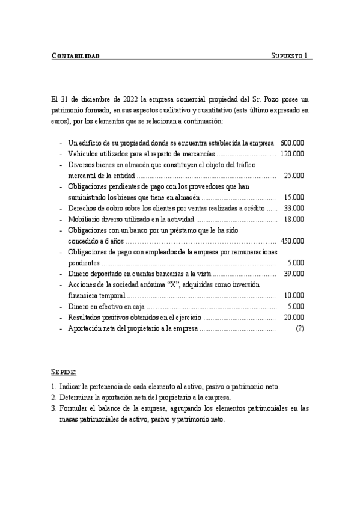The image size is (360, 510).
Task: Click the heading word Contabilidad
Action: [76, 56]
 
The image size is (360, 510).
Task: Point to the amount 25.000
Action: [294, 176]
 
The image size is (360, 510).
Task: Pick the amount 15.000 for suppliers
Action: [294, 197]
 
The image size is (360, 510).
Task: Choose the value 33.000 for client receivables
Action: [294, 208]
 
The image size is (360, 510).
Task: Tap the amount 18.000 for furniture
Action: [294, 219]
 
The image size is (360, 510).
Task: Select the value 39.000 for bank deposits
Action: [294, 274]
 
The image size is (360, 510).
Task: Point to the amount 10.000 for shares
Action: [294, 295]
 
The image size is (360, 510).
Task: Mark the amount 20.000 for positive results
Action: [294, 317]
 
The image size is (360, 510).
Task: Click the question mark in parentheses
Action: [300, 328]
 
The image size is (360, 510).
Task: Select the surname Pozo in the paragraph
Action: [272, 99]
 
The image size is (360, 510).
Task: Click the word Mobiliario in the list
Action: [84, 219]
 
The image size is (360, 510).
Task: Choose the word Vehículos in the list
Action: [83, 154]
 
